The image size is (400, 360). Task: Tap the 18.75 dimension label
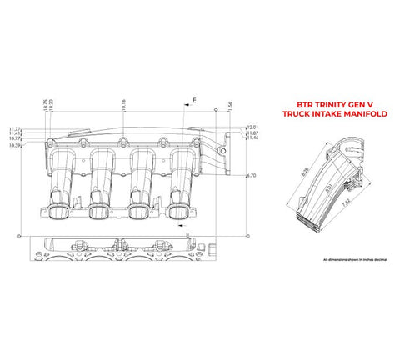[x=45, y=107]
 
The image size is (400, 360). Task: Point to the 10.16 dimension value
[x=122, y=106]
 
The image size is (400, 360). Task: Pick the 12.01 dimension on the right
[x=252, y=127]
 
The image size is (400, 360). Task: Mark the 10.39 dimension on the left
[x=14, y=146]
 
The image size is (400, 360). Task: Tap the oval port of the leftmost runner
[x=59, y=213]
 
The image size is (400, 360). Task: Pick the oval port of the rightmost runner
[x=177, y=213]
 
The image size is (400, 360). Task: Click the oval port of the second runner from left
[x=99, y=213]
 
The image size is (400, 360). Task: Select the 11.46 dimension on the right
[x=252, y=139]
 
